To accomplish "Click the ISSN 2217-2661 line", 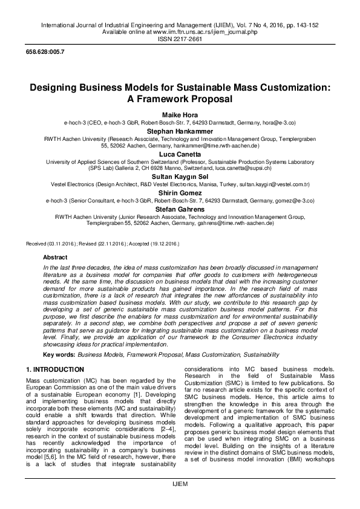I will (180, 38).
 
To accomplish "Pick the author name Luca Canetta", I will (180, 153).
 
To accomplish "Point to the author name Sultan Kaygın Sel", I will (180, 176).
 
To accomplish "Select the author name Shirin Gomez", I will (180, 192).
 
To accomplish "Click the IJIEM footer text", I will (180, 502).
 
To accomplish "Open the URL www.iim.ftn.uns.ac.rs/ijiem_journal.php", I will (198, 31).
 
